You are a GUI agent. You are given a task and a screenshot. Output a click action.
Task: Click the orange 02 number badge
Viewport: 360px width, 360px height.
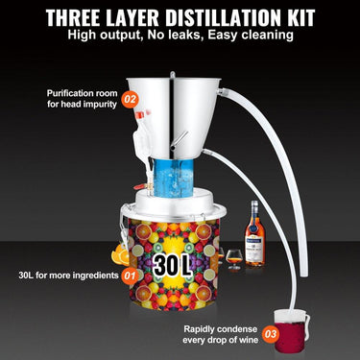tap(131, 98)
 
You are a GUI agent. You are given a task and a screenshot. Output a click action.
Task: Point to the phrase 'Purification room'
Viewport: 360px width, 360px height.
tap(81, 93)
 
